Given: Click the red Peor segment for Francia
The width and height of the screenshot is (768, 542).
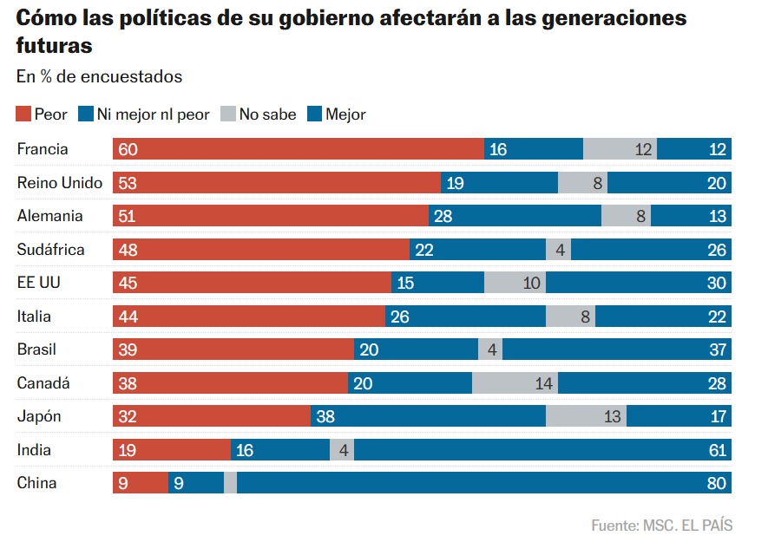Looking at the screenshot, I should [298, 149].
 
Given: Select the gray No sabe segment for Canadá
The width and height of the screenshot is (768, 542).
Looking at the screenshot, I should [515, 383].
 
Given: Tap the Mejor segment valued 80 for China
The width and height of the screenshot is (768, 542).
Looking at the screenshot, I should [483, 483].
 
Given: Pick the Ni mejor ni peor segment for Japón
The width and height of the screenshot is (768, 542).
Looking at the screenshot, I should [428, 416].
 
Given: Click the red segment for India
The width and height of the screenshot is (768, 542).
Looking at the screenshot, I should [171, 450].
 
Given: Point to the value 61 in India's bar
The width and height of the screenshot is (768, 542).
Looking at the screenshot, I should [717, 450].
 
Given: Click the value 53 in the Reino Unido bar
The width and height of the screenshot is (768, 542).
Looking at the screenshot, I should [128, 183].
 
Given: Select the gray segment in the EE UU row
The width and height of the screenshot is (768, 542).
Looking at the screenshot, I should [515, 283].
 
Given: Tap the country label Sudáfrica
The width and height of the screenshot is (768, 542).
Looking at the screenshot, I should [51, 250].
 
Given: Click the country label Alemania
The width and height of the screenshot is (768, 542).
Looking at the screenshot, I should [50, 216].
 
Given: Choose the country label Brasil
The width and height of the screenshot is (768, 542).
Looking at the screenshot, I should [37, 349].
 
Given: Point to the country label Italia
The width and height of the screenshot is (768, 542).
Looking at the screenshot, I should [35, 317].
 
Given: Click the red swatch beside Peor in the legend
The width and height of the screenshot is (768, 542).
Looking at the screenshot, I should [23, 114].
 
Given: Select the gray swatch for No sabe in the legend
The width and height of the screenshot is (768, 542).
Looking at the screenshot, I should [228, 114].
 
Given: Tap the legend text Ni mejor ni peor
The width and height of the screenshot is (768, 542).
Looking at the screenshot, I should [153, 114].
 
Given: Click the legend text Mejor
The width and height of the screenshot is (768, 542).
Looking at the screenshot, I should [345, 114].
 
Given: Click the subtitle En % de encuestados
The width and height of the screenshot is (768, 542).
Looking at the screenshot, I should [99, 76].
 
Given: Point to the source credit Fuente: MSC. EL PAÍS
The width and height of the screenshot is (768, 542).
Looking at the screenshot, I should [661, 526].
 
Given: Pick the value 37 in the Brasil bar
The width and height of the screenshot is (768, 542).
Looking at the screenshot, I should [717, 349].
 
